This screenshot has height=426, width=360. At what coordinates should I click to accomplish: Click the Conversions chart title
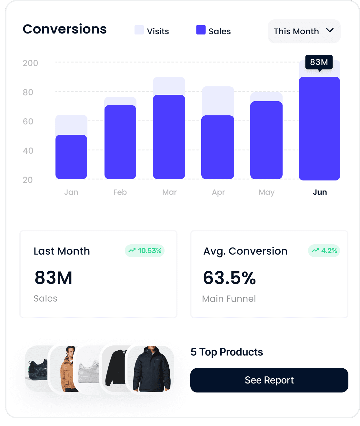tap(65, 29)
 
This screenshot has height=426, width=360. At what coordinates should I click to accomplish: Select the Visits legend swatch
tap(139, 30)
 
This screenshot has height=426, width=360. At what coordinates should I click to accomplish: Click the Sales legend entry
tap(214, 31)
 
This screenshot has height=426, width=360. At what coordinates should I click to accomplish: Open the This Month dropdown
tap(304, 31)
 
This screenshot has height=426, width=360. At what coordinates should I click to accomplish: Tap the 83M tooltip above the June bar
tap(319, 62)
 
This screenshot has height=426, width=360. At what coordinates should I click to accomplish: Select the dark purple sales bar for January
tap(71, 157)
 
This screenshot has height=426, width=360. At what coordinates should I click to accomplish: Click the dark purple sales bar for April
tap(218, 147)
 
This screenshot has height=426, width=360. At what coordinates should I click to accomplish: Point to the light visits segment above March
tap(169, 86)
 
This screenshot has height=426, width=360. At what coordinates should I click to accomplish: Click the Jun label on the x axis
tap(320, 192)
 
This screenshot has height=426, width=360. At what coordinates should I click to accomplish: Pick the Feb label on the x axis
tap(120, 192)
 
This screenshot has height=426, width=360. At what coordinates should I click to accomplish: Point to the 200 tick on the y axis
tap(30, 63)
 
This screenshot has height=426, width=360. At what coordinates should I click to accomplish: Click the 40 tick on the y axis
tap(28, 151)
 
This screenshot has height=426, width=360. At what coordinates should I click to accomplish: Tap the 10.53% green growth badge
tap(145, 251)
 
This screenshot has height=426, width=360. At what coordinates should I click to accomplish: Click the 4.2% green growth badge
tap(324, 251)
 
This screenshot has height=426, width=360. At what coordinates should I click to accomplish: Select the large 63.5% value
tap(229, 278)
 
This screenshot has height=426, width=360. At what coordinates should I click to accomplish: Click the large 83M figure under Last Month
tap(54, 278)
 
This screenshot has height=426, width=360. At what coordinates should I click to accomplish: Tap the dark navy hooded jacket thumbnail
tap(152, 369)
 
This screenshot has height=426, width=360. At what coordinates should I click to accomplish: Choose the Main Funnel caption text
tap(229, 299)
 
